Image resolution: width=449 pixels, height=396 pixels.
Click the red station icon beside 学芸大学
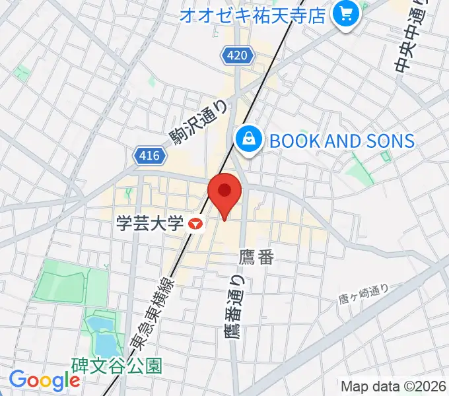[x=195, y=224]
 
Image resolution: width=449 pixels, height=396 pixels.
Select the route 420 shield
[x=238, y=55]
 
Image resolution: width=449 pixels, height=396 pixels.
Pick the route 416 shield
[x=149, y=156]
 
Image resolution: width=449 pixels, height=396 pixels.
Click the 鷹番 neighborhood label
[x=257, y=257]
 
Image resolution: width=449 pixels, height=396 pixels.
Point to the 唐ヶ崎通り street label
[x=363, y=294]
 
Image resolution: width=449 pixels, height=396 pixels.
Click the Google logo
[x=44, y=380]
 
